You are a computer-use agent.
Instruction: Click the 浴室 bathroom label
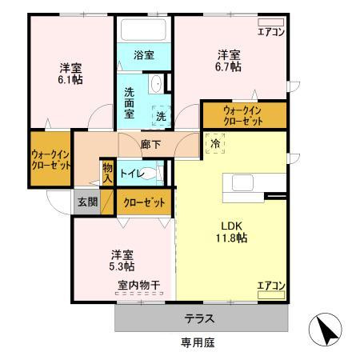[144, 55]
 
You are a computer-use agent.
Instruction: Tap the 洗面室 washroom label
[129, 103]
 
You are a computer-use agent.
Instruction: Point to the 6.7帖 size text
[230, 67]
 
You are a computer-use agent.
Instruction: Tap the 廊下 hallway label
[150, 145]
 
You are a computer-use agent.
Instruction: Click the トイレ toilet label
[132, 173]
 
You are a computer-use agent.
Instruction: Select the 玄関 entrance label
[86, 202]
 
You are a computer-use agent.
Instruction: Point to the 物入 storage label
[107, 173]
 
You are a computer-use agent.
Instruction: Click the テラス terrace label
[199, 318]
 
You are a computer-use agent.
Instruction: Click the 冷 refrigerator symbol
[215, 144]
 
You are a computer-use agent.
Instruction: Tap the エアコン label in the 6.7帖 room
[270, 33]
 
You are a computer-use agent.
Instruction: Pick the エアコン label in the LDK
[270, 284]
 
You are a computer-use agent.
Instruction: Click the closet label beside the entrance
[145, 202]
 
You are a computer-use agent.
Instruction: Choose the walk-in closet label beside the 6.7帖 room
[242, 115]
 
